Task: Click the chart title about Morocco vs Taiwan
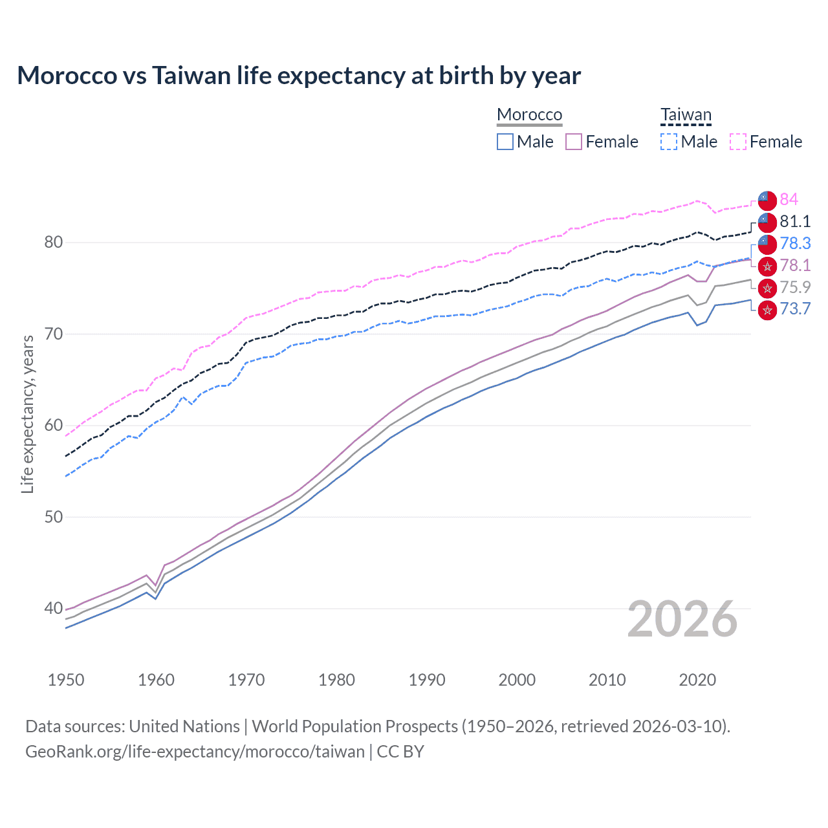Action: [x=299, y=76]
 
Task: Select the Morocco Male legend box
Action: [x=505, y=142]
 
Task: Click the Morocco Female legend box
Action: [x=574, y=142]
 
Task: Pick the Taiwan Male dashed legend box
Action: [x=669, y=142]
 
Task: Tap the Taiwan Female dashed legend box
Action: [x=738, y=142]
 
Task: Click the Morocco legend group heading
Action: [x=529, y=114]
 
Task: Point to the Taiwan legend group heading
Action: [x=686, y=114]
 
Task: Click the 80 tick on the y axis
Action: [x=53, y=243]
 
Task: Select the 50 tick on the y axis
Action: [x=53, y=517]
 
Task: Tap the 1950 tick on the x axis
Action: [x=66, y=680]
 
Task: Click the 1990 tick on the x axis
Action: [x=427, y=680]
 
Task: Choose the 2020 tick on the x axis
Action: [x=697, y=680]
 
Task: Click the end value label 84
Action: [x=789, y=199]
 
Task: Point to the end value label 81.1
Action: [x=795, y=221]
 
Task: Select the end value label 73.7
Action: [x=795, y=309]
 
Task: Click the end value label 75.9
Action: [x=795, y=287]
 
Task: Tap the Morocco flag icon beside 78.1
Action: [x=767, y=266]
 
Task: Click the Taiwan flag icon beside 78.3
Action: [x=767, y=244]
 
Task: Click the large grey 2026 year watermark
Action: [x=682, y=619]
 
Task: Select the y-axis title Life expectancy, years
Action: [x=27, y=414]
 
